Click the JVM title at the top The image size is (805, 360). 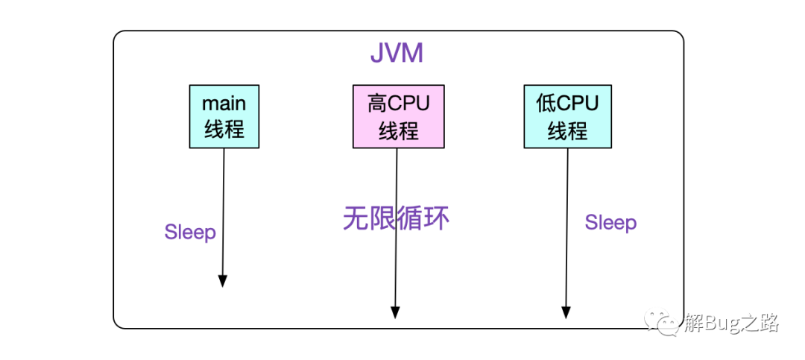(397, 54)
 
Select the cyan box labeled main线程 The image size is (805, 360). (224, 116)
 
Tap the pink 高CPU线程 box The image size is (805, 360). (398, 116)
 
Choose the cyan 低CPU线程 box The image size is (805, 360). (567, 116)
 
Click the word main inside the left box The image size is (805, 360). (224, 103)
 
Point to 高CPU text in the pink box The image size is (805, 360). (398, 103)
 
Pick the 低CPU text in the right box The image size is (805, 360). (567, 103)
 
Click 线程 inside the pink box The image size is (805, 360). (398, 131)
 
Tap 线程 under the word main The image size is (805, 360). (224, 130)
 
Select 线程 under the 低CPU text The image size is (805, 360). (567, 131)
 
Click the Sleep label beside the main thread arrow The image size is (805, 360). (190, 233)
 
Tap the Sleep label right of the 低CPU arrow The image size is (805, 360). (610, 223)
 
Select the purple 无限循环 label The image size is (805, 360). (396, 218)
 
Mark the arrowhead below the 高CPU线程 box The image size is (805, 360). (395, 312)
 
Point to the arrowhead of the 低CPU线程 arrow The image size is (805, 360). (566, 312)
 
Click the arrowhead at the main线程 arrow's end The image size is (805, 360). (222, 280)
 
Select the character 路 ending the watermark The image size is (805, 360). (769, 323)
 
